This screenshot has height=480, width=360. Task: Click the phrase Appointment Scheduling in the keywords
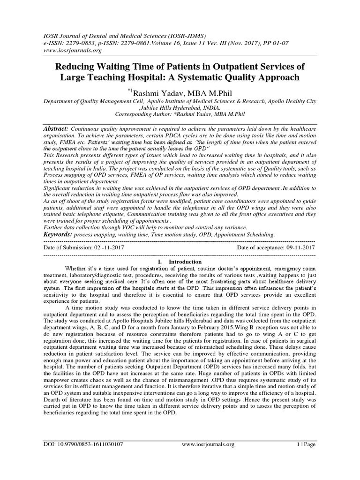(x=240, y=234)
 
